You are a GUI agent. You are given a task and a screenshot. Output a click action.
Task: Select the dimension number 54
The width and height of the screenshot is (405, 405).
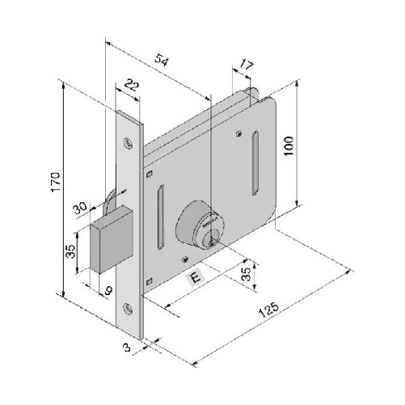tap(162, 62)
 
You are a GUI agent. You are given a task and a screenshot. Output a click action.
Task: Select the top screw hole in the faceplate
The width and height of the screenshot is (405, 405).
tap(127, 142)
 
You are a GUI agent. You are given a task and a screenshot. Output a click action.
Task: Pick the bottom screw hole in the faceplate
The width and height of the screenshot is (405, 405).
tap(128, 308)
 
